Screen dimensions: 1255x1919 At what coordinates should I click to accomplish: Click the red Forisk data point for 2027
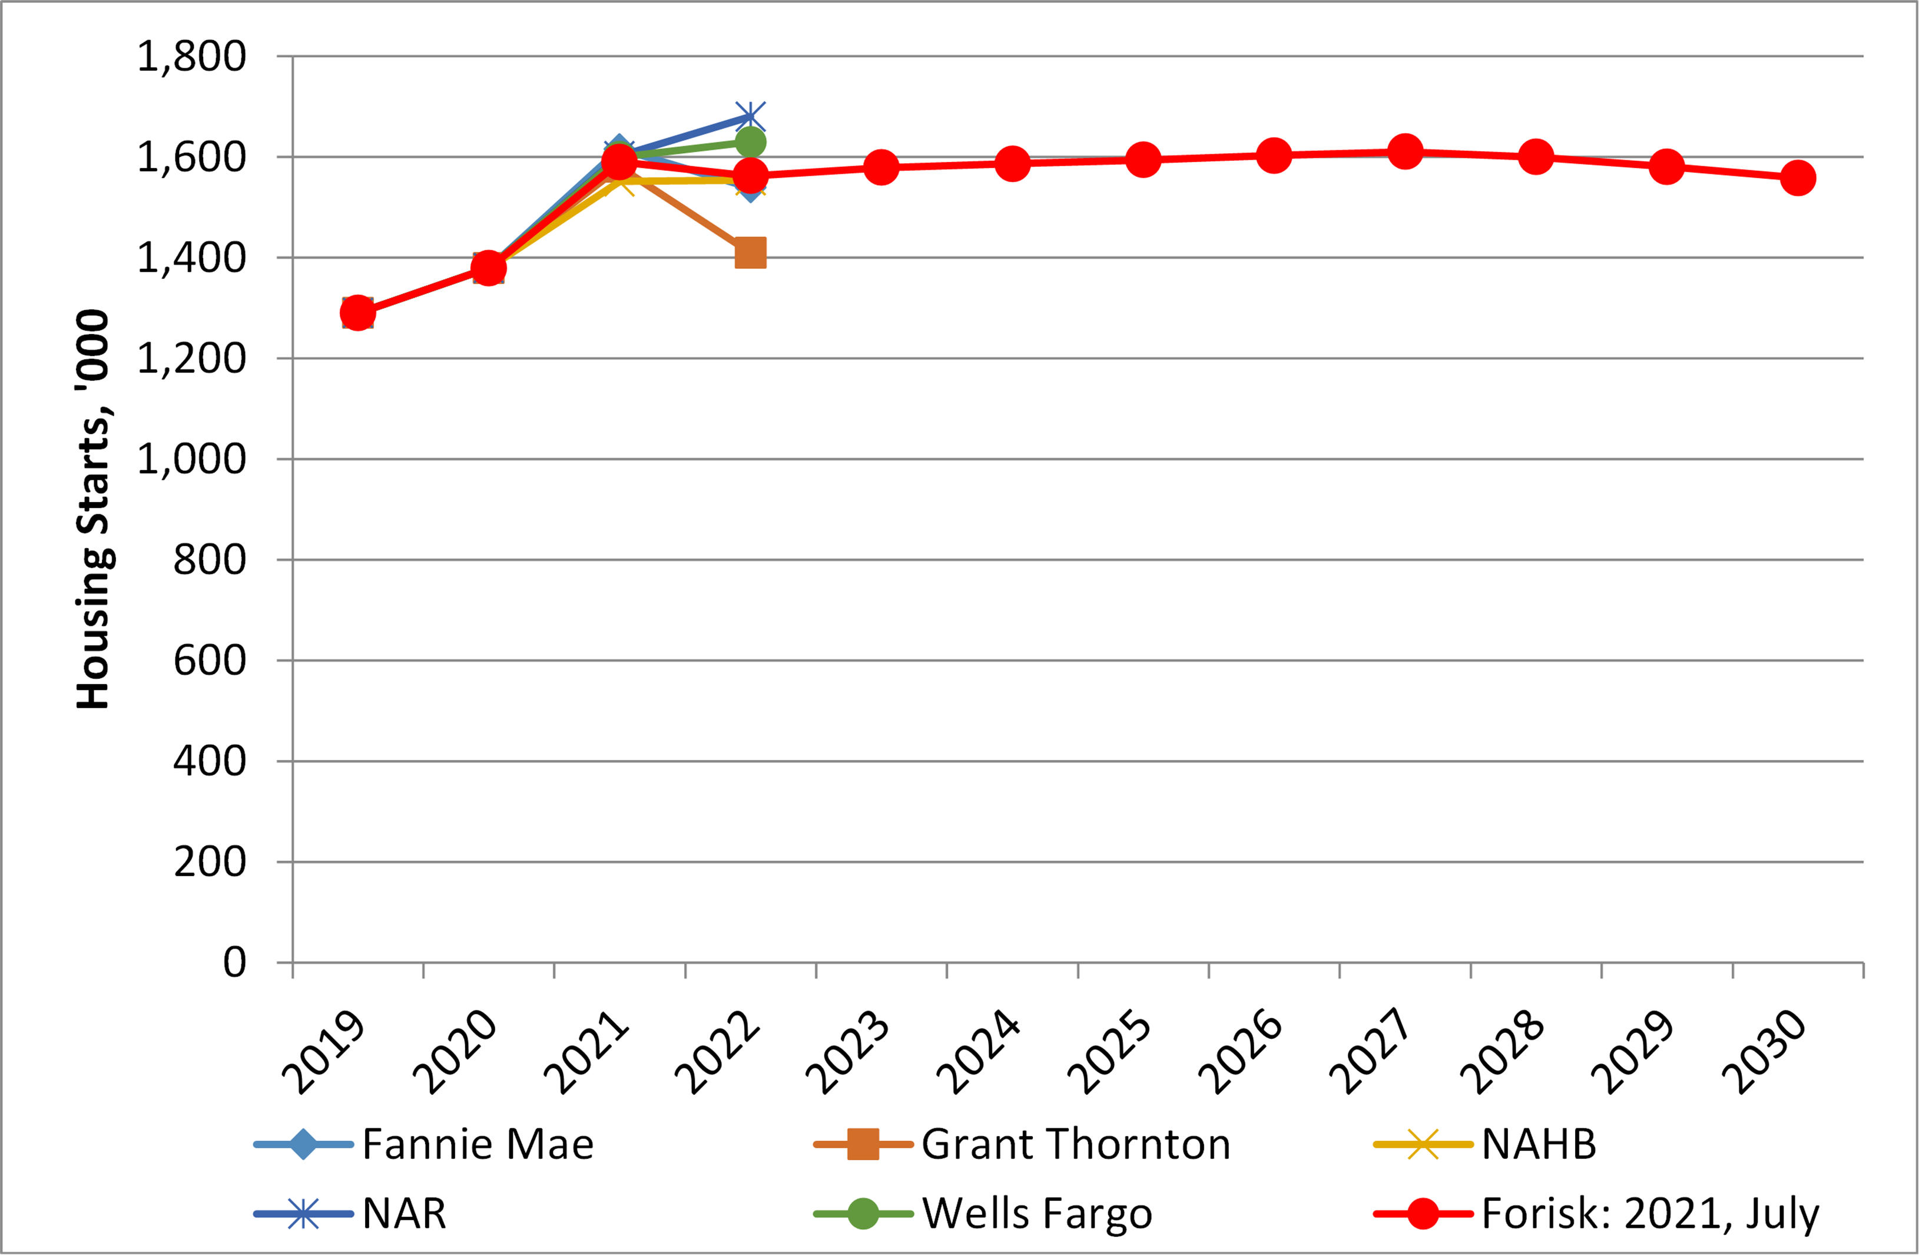[x=1404, y=151]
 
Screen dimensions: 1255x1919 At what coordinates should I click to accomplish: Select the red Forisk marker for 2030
[x=1797, y=177]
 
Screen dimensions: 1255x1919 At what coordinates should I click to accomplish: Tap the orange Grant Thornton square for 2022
[x=750, y=252]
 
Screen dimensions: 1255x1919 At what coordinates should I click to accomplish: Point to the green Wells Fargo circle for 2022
[x=750, y=143]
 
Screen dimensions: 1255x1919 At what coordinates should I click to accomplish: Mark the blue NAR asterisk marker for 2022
[x=750, y=117]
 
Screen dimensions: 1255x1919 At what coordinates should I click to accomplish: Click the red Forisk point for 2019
[x=357, y=312]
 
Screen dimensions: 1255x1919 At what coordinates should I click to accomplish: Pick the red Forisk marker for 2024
[x=1012, y=164]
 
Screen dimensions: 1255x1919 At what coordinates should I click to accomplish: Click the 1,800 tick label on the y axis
[x=191, y=57]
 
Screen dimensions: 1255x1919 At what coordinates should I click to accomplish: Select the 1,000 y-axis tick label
[x=191, y=460]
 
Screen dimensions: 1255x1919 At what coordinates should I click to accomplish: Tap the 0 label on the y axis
[x=234, y=962]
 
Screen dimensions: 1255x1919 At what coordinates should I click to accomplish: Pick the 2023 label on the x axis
[x=847, y=1052]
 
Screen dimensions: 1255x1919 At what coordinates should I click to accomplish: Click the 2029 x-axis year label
[x=1633, y=1052]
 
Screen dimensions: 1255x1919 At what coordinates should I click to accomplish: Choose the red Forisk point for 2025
[x=1142, y=160]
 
